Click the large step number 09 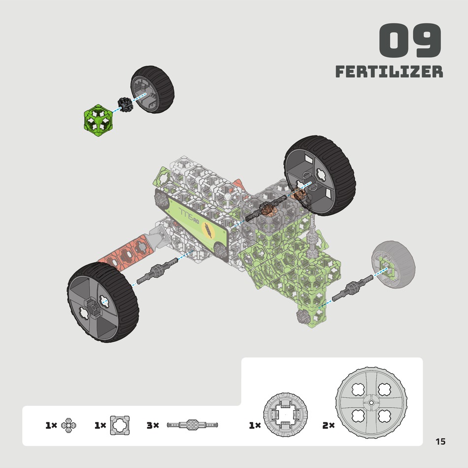click(410, 40)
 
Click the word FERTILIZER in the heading click(389, 71)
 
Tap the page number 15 click(440, 441)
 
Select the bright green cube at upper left click(98, 120)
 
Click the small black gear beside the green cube click(125, 104)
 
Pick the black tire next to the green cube click(152, 89)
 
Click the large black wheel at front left click(102, 302)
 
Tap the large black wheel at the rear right click(319, 175)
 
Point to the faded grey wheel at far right click(394, 265)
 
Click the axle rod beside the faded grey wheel click(353, 288)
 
